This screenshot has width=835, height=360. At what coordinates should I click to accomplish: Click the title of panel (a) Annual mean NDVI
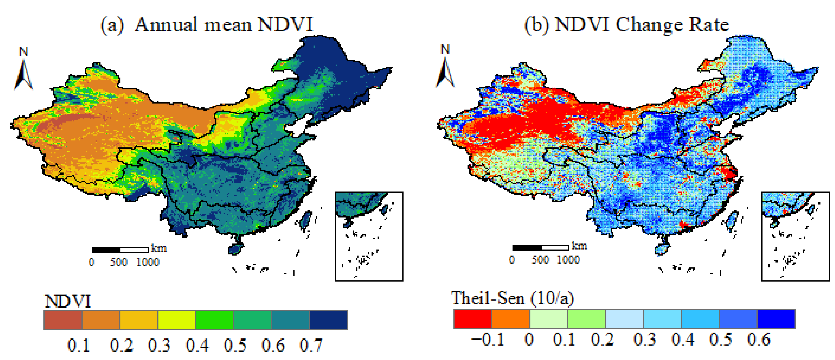(x=207, y=25)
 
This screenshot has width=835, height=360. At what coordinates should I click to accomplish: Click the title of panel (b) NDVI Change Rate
(x=627, y=25)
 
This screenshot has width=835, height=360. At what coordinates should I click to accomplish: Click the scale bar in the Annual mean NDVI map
(x=120, y=250)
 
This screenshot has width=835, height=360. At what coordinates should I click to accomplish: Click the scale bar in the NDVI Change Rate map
(x=540, y=247)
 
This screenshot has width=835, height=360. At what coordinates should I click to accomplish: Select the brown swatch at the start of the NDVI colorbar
(x=63, y=320)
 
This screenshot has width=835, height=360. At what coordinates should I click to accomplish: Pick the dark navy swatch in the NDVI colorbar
(x=328, y=320)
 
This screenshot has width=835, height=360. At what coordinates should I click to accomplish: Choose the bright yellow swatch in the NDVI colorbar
(x=177, y=320)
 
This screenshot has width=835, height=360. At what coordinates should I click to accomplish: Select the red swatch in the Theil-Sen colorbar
(x=473, y=319)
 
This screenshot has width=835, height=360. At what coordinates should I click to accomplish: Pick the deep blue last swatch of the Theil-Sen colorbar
(x=776, y=319)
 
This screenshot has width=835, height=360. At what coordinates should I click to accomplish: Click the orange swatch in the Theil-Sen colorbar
(x=511, y=319)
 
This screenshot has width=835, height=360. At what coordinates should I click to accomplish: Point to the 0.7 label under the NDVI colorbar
(x=311, y=345)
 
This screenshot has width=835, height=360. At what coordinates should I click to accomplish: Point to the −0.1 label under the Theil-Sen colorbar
(x=488, y=340)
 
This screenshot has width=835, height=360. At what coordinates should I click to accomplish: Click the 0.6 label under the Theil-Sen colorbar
(x=759, y=340)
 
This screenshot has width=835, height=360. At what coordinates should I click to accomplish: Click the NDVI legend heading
(x=68, y=301)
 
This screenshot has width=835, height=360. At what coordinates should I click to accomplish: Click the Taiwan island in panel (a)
(x=305, y=220)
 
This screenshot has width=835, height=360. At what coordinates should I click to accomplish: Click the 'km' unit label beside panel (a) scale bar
(x=159, y=248)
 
